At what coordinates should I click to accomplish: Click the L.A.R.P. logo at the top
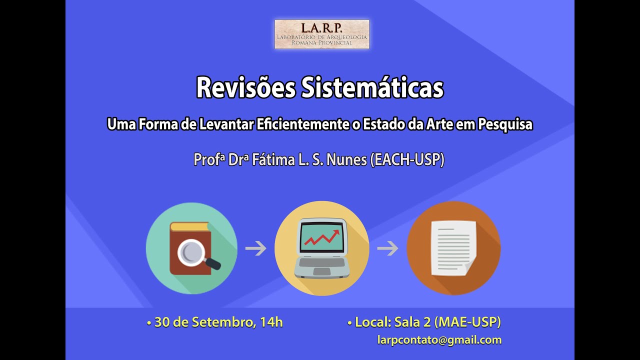(x=322, y=34)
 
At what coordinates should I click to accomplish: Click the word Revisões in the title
(x=245, y=88)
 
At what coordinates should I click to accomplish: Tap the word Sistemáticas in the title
(x=372, y=88)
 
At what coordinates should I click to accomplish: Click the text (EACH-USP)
(x=407, y=160)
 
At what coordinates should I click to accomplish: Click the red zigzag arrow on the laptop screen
(x=322, y=237)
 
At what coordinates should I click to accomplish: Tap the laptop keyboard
(x=322, y=263)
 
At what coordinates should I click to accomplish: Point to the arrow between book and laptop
(x=256, y=248)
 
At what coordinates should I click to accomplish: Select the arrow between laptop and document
(x=387, y=248)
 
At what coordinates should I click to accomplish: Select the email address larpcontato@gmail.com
(x=439, y=340)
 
